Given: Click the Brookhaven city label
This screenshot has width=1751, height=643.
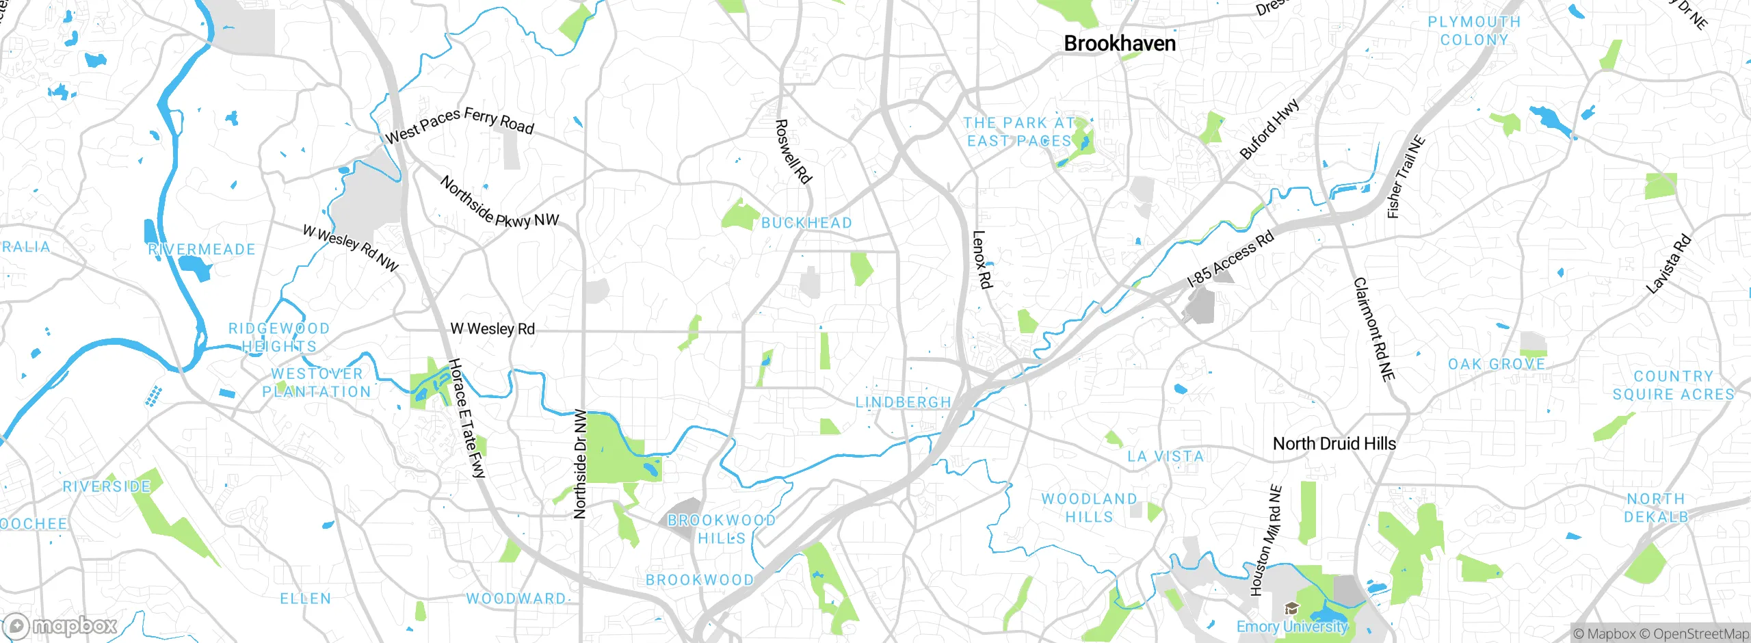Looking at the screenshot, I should click(x=1120, y=44).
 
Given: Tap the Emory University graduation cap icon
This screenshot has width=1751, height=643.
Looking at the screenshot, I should click(x=1291, y=608).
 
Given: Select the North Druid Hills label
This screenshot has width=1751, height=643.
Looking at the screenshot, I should click(x=1334, y=444).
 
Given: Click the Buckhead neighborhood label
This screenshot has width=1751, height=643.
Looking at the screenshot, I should click(x=806, y=223).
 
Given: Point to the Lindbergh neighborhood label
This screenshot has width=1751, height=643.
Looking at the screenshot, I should click(x=903, y=403).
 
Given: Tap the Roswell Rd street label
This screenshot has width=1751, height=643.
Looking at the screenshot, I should click(x=793, y=152).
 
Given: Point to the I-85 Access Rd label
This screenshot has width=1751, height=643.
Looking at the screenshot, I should click(x=1230, y=259).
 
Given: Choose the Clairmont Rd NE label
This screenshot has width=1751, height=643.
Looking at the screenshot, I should click(x=1374, y=329).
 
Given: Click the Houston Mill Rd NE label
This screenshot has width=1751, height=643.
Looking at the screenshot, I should click(x=1265, y=540).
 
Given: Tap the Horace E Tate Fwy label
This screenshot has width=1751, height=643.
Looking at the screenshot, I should click(x=467, y=418).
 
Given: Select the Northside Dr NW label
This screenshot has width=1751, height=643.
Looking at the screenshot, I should click(x=580, y=464).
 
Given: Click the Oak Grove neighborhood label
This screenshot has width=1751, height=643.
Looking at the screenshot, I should click(x=1497, y=365).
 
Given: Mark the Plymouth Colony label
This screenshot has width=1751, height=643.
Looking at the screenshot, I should click(x=1474, y=31).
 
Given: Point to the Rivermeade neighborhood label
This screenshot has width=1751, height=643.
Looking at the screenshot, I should click(x=202, y=250).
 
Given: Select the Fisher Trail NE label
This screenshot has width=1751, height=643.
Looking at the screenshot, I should click(x=1406, y=177).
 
